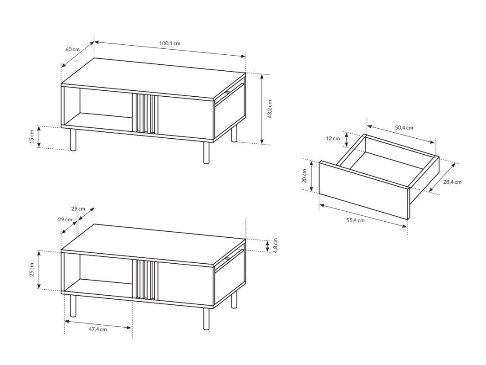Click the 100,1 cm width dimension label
pos(170,43)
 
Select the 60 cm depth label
pos(72,49)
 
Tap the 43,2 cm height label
pos(269,109)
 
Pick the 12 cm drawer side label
pos(333,138)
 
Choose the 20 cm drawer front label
pos(304,176)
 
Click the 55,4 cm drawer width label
pos(355,220)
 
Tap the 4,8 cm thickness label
pos(276,246)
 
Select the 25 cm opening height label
pos(32,270)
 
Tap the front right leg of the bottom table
pos(206,318)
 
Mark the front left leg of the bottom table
pos(73,306)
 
